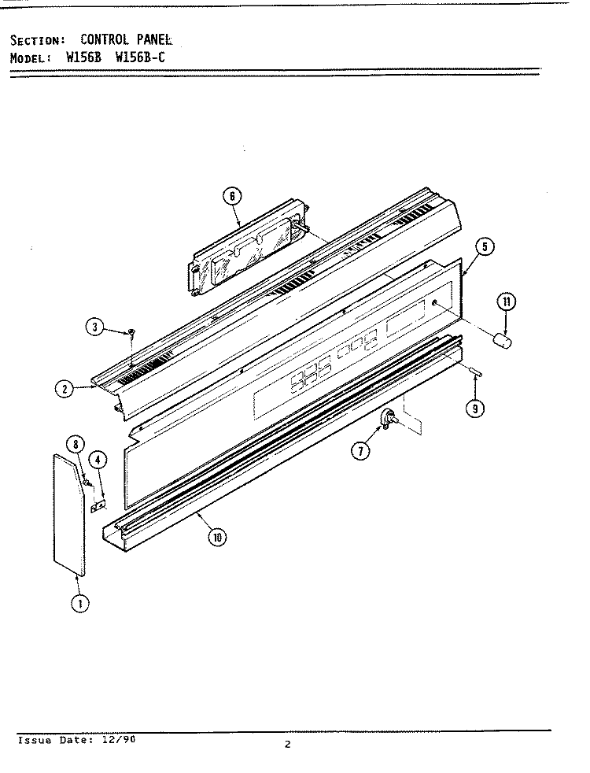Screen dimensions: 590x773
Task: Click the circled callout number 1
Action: pyautogui.click(x=80, y=603)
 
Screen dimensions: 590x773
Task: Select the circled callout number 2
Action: pyautogui.click(x=65, y=389)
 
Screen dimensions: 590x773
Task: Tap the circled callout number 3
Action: pyautogui.click(x=95, y=327)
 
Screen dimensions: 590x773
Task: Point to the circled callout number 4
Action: pyautogui.click(x=98, y=460)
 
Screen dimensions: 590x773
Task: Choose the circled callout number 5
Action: pyautogui.click(x=485, y=246)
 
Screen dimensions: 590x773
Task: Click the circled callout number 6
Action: pyautogui.click(x=232, y=197)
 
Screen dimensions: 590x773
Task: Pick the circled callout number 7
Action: pyautogui.click(x=361, y=450)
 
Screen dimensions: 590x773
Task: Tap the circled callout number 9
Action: pyautogui.click(x=475, y=409)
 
